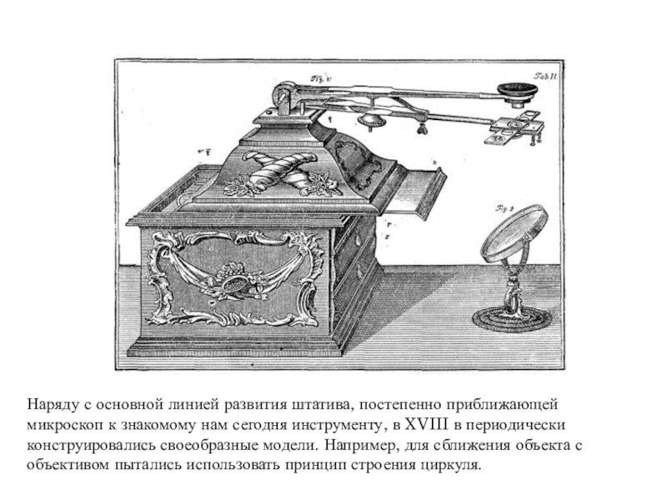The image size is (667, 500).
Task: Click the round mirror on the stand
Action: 513,235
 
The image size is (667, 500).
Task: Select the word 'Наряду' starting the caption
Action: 48,404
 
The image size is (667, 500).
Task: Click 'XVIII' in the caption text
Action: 409,423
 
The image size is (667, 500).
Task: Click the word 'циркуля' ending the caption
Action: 454,462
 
